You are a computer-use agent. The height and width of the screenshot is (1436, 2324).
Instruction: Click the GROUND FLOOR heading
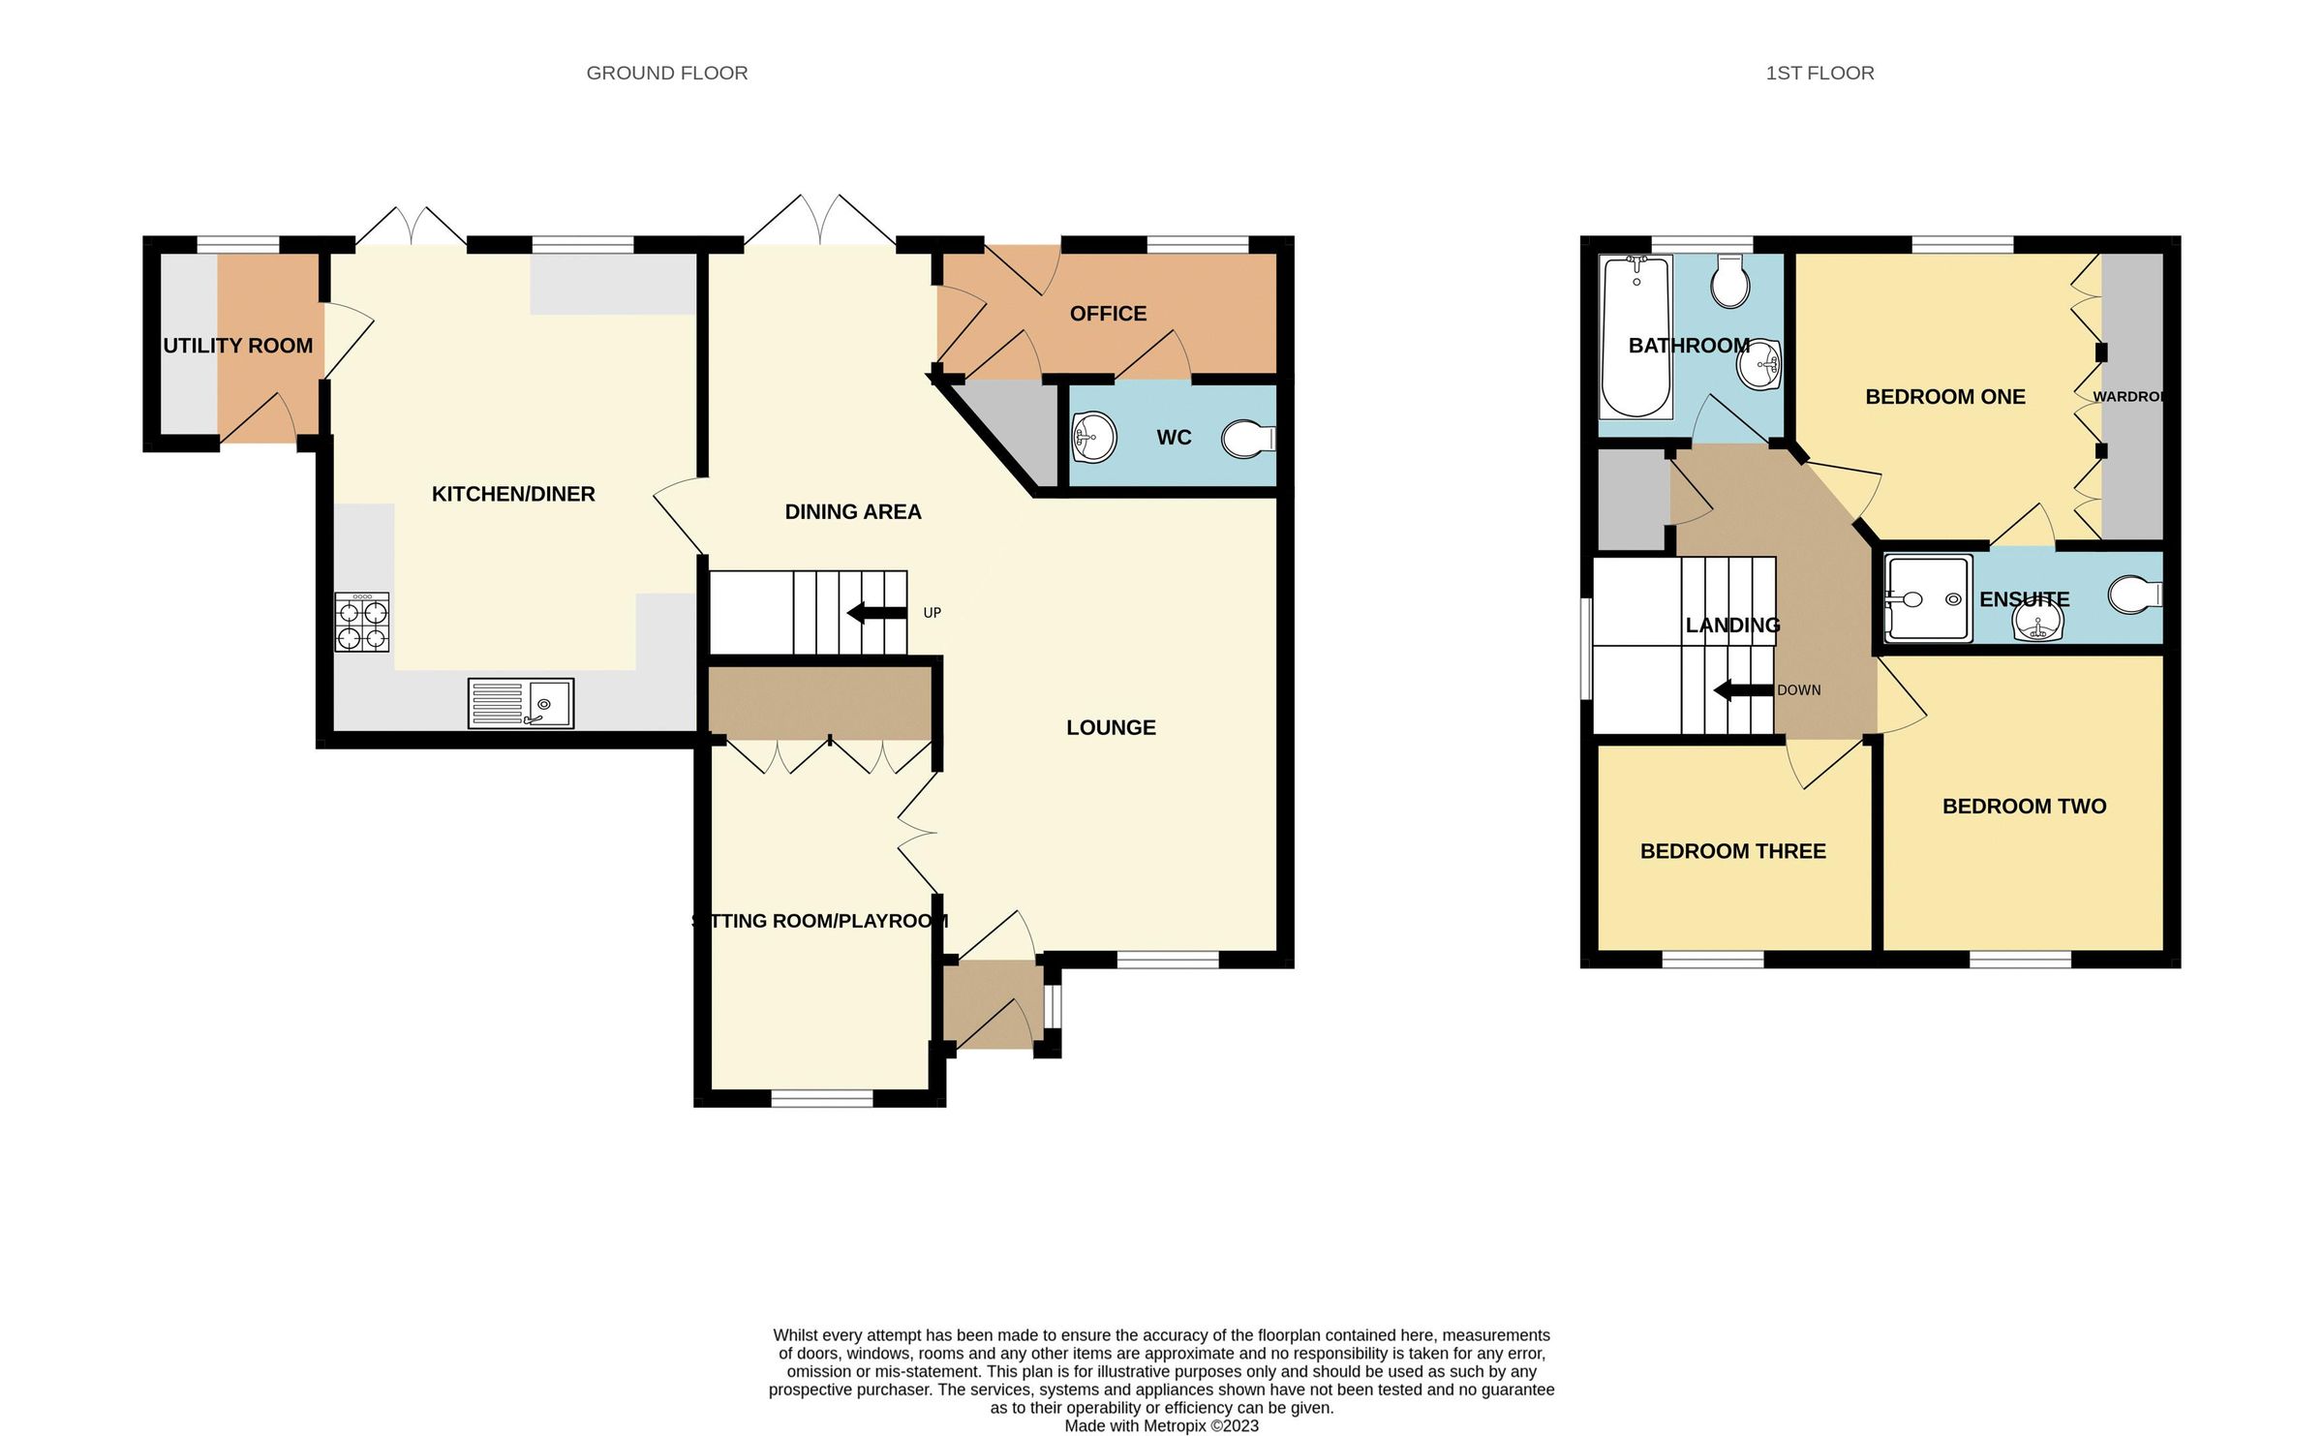click(x=666, y=73)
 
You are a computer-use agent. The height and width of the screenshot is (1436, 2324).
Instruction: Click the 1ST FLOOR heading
click(x=1819, y=73)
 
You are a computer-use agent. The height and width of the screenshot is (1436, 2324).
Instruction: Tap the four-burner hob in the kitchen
click(x=362, y=623)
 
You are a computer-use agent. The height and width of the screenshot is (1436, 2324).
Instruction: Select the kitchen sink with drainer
click(x=521, y=703)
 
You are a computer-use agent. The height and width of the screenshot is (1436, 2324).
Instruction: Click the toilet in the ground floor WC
click(x=1248, y=439)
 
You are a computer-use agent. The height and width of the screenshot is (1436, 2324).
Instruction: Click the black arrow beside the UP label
click(x=876, y=613)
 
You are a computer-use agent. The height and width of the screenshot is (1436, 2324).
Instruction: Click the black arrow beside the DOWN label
click(x=1743, y=690)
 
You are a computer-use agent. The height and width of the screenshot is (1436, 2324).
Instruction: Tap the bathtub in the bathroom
click(x=1636, y=336)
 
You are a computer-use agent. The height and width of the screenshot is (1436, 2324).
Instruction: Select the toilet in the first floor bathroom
click(x=1730, y=282)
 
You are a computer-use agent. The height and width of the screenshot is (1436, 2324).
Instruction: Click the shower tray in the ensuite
click(x=1928, y=598)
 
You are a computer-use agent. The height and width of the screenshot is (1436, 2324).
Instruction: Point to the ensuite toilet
click(x=2134, y=596)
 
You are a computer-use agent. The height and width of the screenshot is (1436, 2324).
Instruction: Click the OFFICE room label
click(x=1108, y=314)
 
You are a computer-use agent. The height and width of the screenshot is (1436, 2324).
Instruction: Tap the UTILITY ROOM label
click(x=238, y=346)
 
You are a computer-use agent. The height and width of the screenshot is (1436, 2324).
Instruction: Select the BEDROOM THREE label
click(x=1732, y=851)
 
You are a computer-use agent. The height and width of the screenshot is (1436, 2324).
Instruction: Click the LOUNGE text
click(x=1111, y=727)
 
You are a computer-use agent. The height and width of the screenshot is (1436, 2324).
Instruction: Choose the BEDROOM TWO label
click(x=2024, y=806)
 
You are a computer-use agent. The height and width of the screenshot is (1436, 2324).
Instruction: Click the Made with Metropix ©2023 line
click(x=1161, y=1425)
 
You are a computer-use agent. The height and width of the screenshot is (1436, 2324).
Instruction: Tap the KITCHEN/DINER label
click(x=513, y=494)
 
